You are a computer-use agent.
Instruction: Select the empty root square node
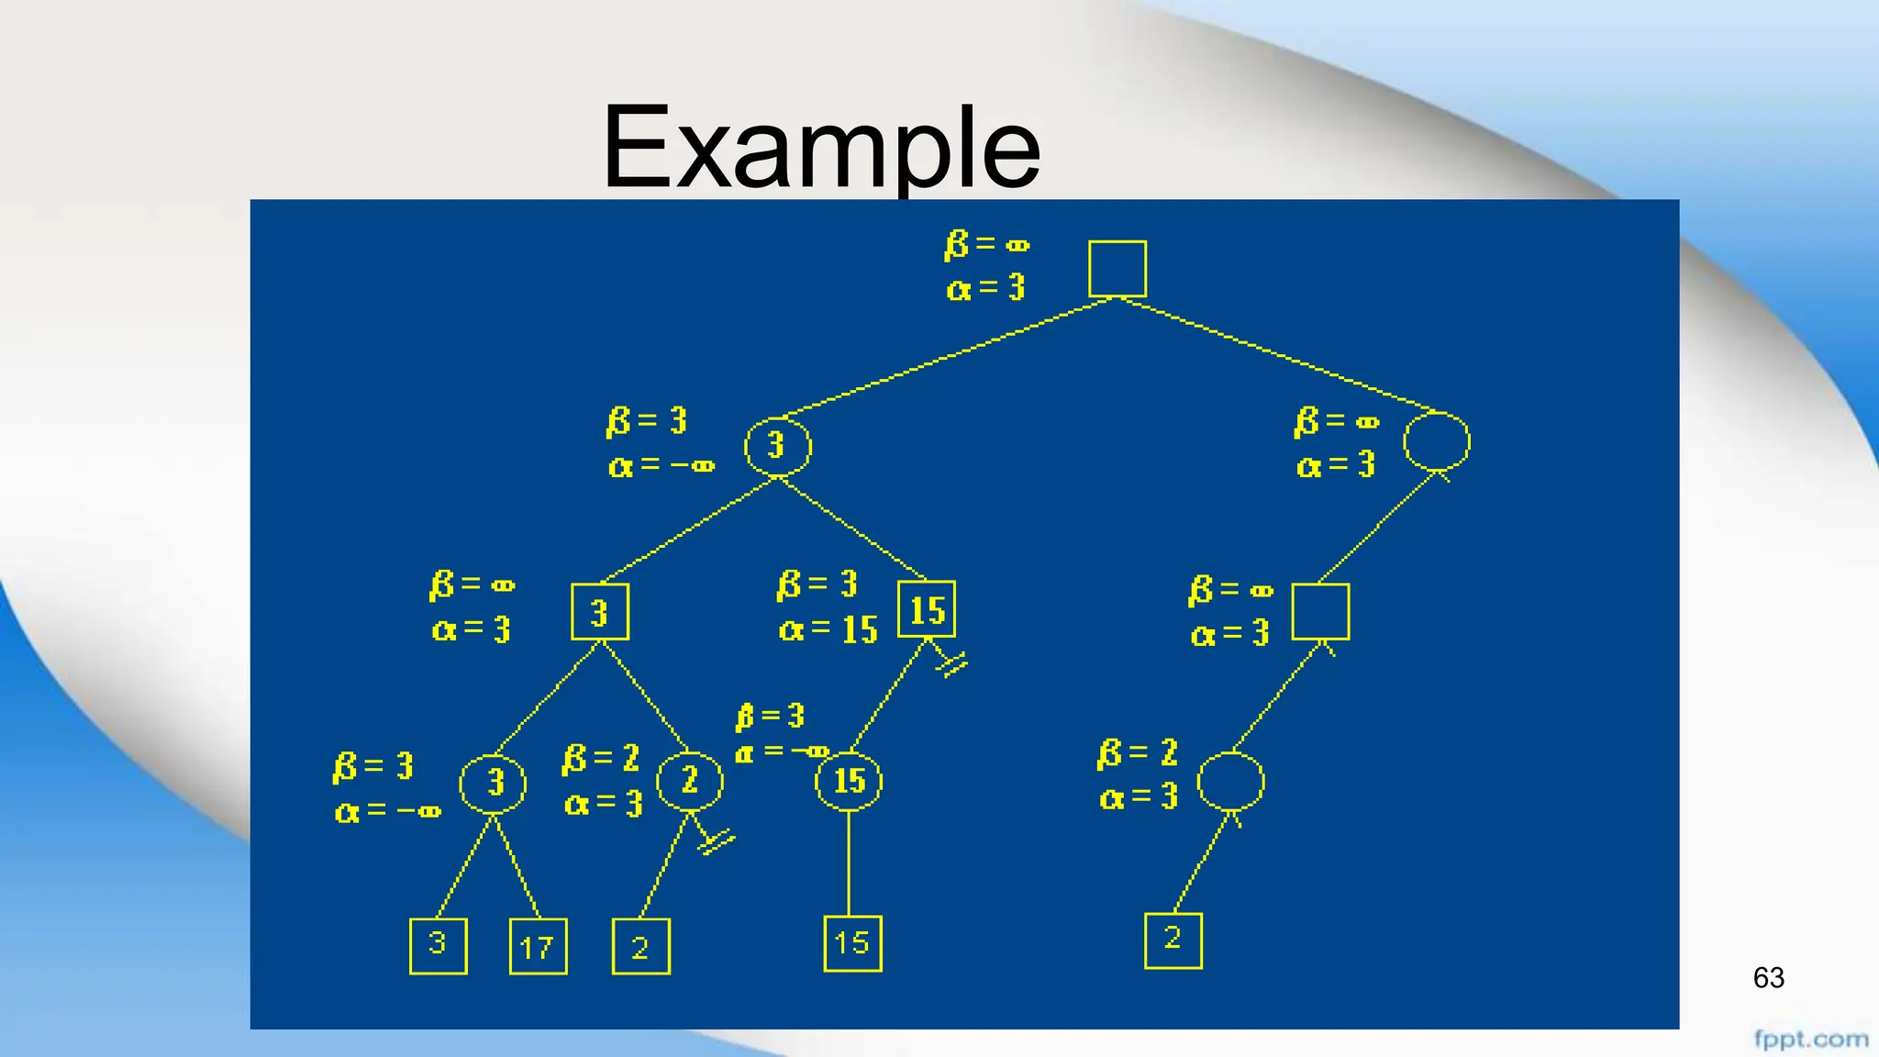click(1117, 269)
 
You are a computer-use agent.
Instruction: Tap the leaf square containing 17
click(538, 946)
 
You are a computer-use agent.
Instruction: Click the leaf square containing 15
click(852, 943)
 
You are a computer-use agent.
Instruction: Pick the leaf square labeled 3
click(438, 945)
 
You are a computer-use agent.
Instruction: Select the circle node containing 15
click(849, 781)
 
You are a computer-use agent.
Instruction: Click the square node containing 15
click(927, 609)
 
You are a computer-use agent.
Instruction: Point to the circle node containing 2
click(690, 781)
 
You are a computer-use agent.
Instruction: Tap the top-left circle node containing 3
click(777, 446)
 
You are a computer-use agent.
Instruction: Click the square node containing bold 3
click(599, 612)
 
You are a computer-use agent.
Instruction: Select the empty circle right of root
click(1437, 442)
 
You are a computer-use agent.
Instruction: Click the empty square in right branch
click(1320, 611)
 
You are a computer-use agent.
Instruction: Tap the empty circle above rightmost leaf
click(1231, 782)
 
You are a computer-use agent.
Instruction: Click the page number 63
click(1768, 977)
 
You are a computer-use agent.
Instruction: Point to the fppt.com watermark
click(1810, 1040)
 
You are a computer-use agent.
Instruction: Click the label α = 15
click(828, 629)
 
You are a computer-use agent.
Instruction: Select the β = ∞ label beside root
click(987, 245)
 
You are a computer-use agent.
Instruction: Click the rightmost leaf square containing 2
click(1173, 940)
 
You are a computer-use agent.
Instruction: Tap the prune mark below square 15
click(951, 663)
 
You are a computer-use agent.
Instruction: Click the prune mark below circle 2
click(715, 840)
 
